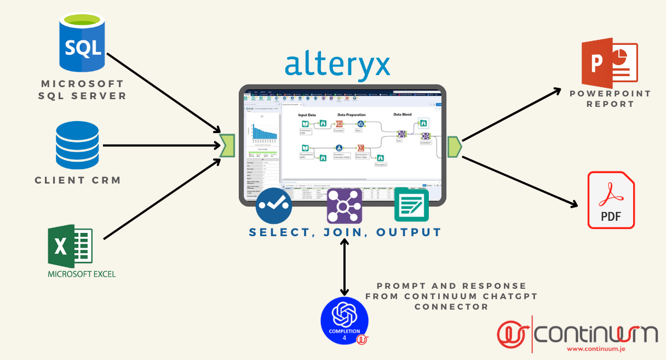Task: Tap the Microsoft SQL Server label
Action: click(x=83, y=90)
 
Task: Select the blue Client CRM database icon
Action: click(x=77, y=145)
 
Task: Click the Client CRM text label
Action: click(x=78, y=180)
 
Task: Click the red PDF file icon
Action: click(x=611, y=200)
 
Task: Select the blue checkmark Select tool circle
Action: click(x=274, y=204)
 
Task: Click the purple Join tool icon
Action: click(x=345, y=205)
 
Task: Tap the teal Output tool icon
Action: click(x=411, y=204)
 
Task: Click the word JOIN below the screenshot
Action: click(x=345, y=232)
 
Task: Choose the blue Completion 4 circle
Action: click(x=345, y=321)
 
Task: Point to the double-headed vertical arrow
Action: click(x=345, y=268)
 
